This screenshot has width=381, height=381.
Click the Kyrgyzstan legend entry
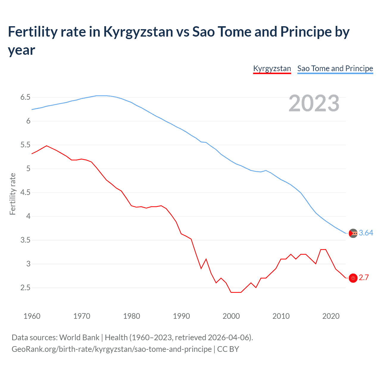(272, 68)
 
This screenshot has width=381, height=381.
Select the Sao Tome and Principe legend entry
(335, 68)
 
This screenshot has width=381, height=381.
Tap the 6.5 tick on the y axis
(25, 97)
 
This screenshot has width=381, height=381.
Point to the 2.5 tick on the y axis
(25, 288)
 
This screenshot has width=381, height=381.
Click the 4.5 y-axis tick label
(25, 193)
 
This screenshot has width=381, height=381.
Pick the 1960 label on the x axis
(32, 316)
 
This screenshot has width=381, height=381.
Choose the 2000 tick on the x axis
(231, 316)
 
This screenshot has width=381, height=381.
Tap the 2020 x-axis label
(331, 316)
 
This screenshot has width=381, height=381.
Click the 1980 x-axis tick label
(132, 316)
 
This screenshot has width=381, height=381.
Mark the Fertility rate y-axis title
(13, 194)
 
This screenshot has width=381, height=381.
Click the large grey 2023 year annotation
(314, 103)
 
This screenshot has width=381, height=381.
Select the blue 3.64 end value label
(366, 233)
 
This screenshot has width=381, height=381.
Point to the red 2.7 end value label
(364, 278)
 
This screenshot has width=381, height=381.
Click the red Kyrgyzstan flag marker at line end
(353, 278)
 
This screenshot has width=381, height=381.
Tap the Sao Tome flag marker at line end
(353, 233)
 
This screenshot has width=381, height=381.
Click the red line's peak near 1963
(46, 146)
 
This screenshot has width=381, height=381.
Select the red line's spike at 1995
(206, 259)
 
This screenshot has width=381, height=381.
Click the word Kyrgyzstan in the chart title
(138, 32)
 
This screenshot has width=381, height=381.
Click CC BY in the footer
(228, 349)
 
